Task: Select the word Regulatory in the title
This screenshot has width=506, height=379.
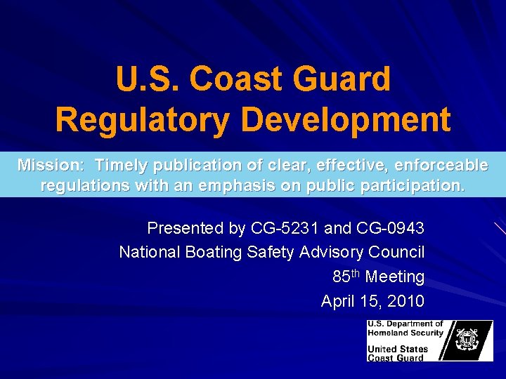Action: [x=141, y=119]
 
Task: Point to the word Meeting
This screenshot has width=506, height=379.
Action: [x=395, y=277]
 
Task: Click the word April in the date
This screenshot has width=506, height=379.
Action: [x=338, y=301]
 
